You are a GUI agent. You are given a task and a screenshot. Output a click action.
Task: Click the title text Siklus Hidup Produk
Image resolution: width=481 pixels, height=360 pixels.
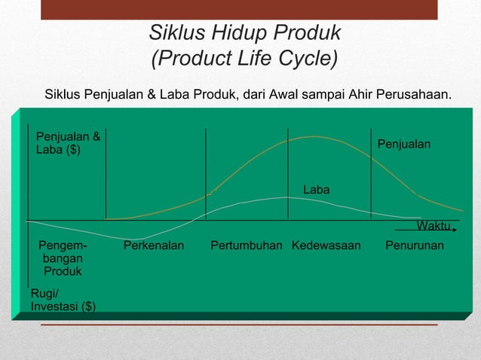coord(244,33)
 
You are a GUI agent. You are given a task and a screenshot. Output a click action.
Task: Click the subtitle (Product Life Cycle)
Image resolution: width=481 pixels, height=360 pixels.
coord(244,58)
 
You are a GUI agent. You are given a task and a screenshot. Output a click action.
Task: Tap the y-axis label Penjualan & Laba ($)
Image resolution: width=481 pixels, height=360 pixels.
coord(68,143)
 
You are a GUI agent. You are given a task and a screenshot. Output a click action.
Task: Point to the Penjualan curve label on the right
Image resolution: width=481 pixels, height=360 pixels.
coord(403,143)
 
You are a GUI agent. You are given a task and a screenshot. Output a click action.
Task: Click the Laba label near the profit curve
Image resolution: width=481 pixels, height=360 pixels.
coord(316,190)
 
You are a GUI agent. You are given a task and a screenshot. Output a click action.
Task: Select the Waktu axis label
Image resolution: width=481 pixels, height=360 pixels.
coord(433,226)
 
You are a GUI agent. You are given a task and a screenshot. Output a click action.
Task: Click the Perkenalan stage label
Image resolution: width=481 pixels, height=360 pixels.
coord(153,246)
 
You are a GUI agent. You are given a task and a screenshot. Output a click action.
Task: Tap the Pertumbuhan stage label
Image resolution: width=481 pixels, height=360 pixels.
coord(246,246)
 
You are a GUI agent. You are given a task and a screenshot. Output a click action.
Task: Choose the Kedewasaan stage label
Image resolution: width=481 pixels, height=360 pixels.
coord(326,246)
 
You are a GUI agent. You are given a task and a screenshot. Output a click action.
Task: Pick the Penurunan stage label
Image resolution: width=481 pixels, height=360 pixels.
coord(414,246)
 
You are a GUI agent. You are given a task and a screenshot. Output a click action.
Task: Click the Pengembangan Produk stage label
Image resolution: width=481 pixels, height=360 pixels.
coord(63,258)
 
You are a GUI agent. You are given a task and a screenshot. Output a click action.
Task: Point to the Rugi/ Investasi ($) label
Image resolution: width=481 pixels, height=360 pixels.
coord(63,299)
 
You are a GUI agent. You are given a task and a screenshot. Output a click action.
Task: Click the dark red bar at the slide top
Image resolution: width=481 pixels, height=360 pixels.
coord(239,9)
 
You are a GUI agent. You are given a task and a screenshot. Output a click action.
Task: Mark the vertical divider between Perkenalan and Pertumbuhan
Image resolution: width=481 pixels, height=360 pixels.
coord(206,173)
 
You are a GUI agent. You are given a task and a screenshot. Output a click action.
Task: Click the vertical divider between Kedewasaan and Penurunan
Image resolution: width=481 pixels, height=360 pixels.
coord(371,173)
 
